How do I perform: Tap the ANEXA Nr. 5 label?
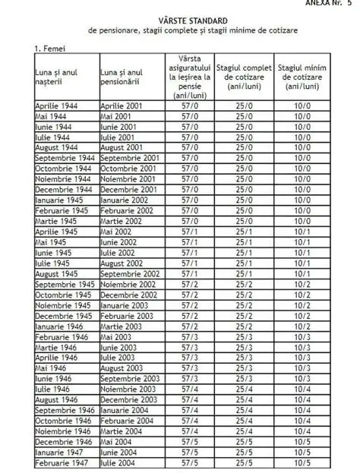point(332,4)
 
